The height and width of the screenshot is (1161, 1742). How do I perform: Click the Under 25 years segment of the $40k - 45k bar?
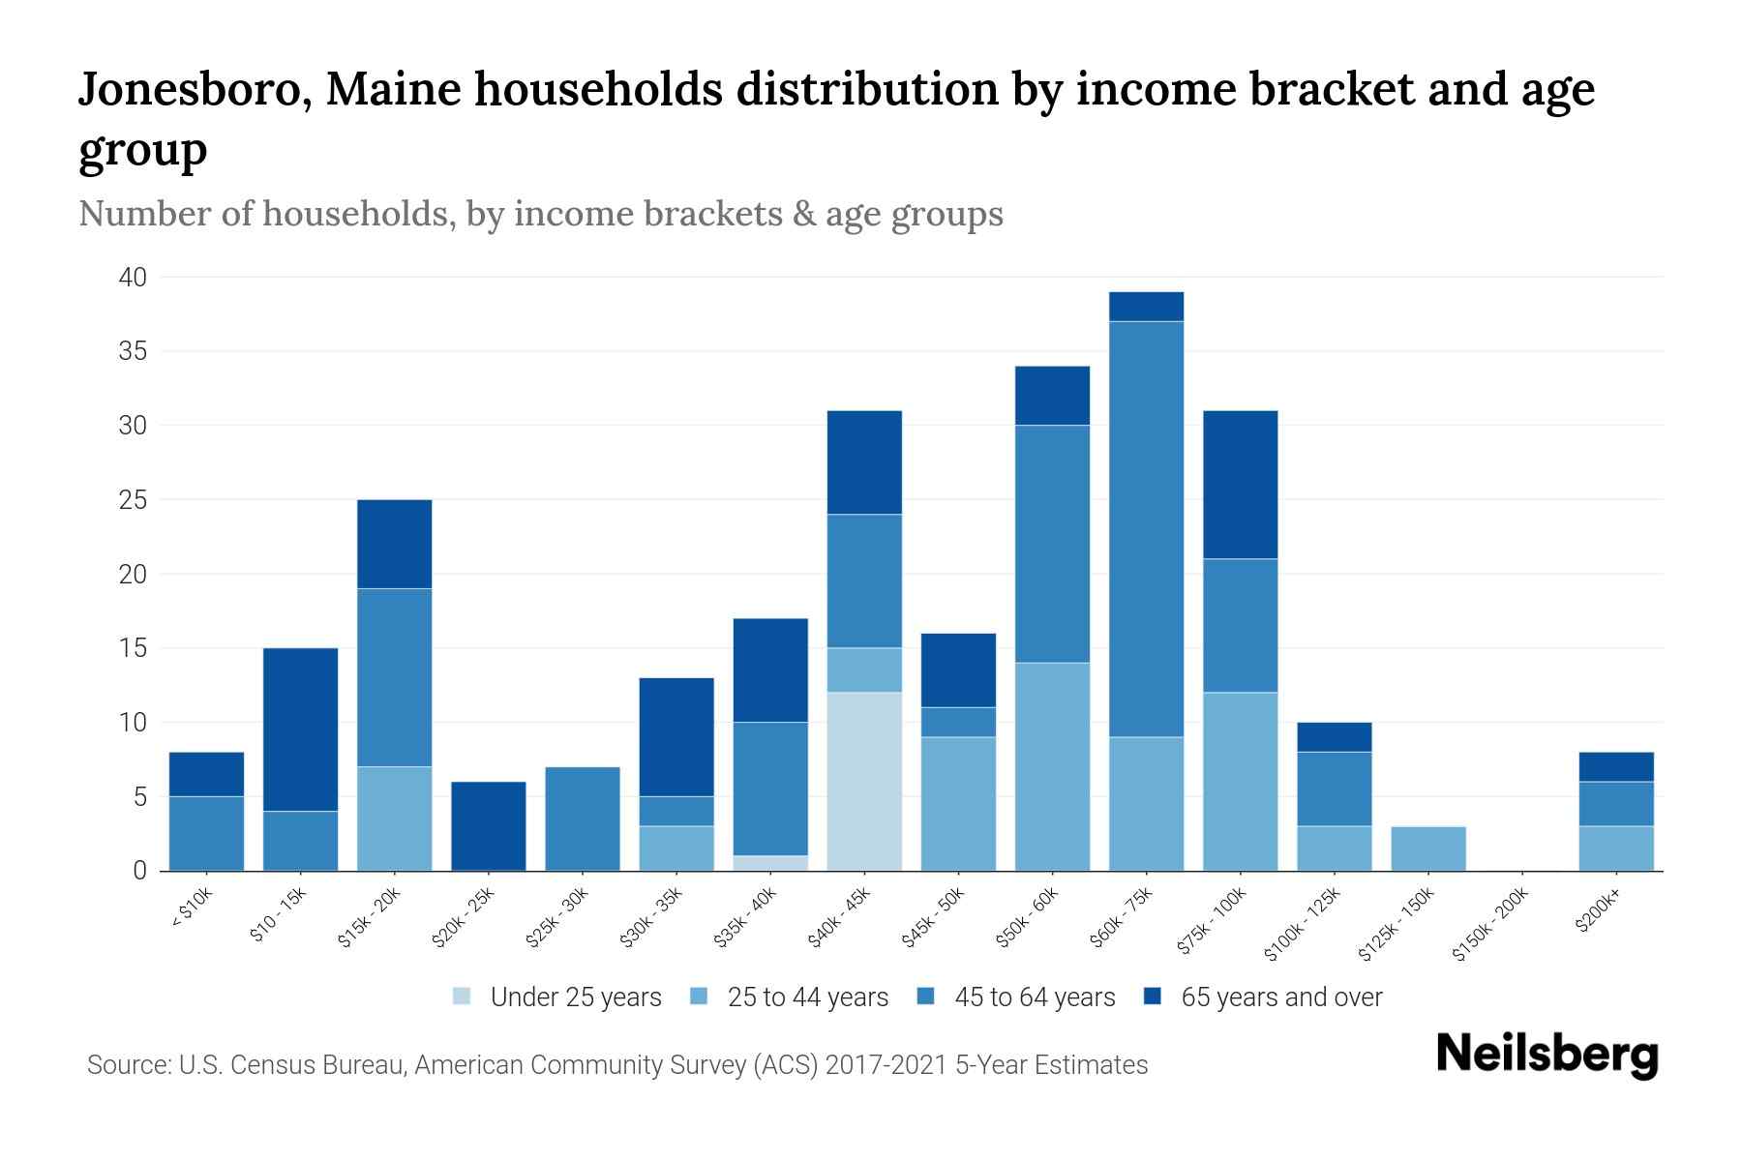pos(864,781)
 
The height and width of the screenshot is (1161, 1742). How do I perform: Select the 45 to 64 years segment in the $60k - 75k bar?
pos(1146,528)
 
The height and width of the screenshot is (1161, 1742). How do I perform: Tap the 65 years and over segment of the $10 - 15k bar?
pos(300,729)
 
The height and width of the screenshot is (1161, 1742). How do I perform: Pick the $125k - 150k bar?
pos(1427,848)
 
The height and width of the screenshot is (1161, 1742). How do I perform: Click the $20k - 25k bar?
pos(488,825)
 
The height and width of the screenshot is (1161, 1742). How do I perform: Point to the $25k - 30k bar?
pos(582,819)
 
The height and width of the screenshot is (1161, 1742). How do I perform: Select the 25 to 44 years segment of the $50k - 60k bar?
pos(1052,766)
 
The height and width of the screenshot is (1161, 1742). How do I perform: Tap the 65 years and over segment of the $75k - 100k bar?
pos(1240,484)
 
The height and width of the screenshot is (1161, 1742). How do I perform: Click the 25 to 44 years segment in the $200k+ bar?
pos(1615,848)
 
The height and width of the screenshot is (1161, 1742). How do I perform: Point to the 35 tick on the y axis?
pos(133,351)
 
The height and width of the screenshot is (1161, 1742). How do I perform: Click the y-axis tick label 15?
pos(134,648)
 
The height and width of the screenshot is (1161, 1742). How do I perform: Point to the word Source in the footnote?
pos(126,1065)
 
